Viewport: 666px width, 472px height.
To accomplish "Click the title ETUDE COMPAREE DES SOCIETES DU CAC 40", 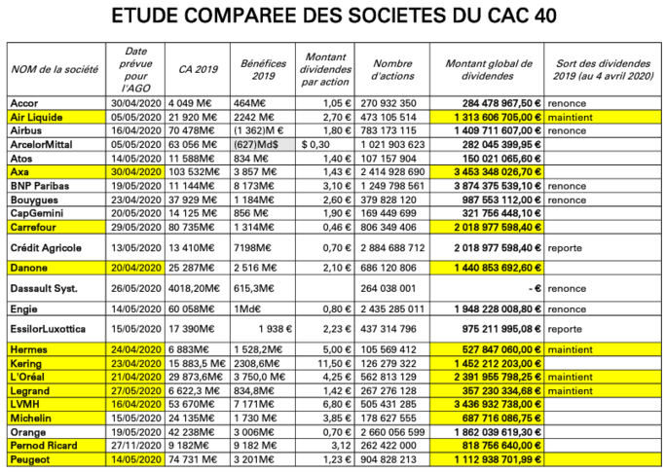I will (334, 18).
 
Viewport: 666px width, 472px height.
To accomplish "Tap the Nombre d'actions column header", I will (393, 68).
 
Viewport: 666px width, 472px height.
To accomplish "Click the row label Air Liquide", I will (36, 116).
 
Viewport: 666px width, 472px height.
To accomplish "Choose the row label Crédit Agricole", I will (47, 246).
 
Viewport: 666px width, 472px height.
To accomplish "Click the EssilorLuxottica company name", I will (49, 328).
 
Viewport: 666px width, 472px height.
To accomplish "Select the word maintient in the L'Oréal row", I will (572, 376).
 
